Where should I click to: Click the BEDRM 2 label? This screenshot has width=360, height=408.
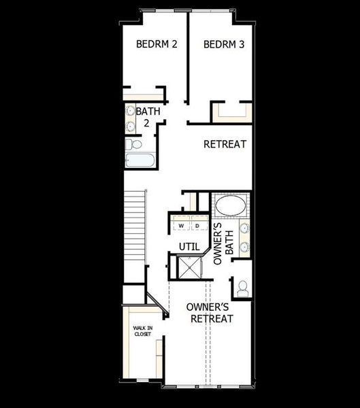coord(157,44)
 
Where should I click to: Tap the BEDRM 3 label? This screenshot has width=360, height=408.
coord(224,44)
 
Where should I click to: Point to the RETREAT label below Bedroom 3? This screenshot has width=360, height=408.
coord(225,145)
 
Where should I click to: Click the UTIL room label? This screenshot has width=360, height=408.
coord(189,246)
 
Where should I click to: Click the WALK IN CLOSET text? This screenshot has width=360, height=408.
coord(142,331)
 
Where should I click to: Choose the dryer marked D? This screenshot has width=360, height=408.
coord(197,225)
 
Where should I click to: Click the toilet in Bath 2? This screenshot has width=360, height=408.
coord(134,144)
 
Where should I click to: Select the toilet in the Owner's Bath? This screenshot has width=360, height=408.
coord(242,288)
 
